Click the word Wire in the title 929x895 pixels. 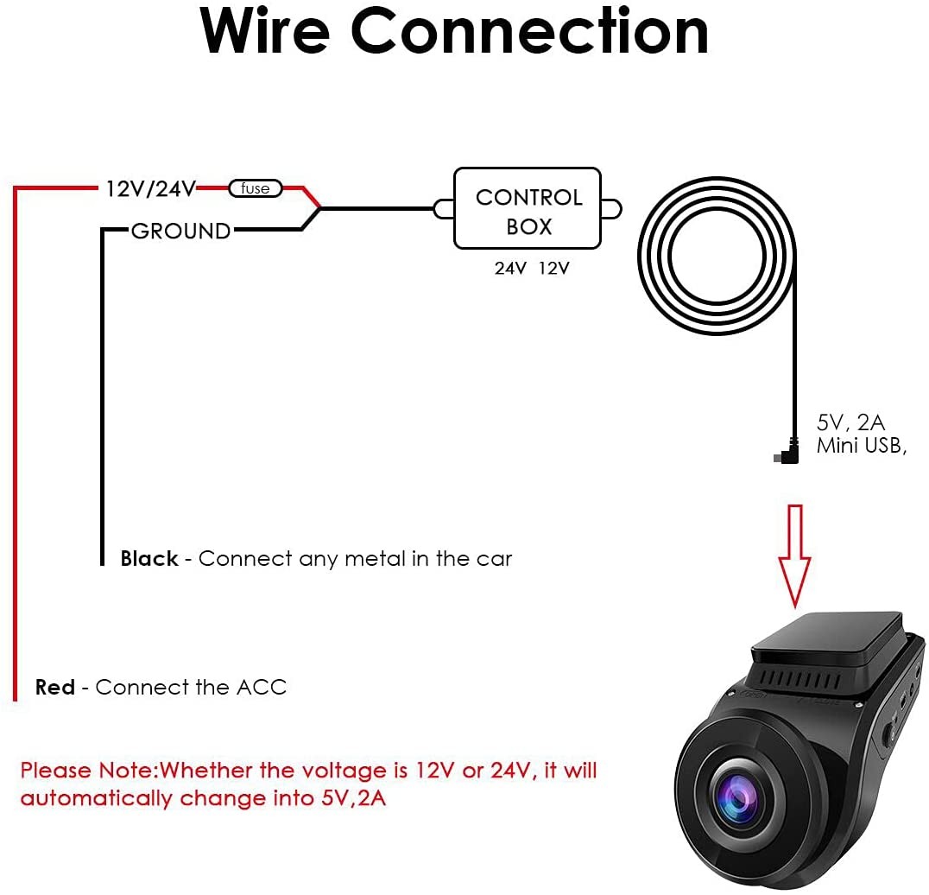(x=265, y=31)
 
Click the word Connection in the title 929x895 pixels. (x=529, y=31)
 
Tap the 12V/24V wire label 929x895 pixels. (x=150, y=188)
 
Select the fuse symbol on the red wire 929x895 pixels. (x=256, y=188)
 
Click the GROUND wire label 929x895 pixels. (x=180, y=231)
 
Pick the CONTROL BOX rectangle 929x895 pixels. (x=528, y=209)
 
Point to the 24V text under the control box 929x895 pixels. (x=510, y=269)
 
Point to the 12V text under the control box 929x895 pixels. (x=554, y=269)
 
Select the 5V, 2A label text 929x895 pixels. (x=850, y=422)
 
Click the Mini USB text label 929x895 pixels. (x=862, y=446)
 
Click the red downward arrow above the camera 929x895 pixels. (x=794, y=556)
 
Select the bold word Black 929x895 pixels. (x=149, y=558)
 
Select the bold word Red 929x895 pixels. (x=55, y=687)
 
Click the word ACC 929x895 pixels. (x=262, y=687)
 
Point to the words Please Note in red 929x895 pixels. (x=88, y=771)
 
